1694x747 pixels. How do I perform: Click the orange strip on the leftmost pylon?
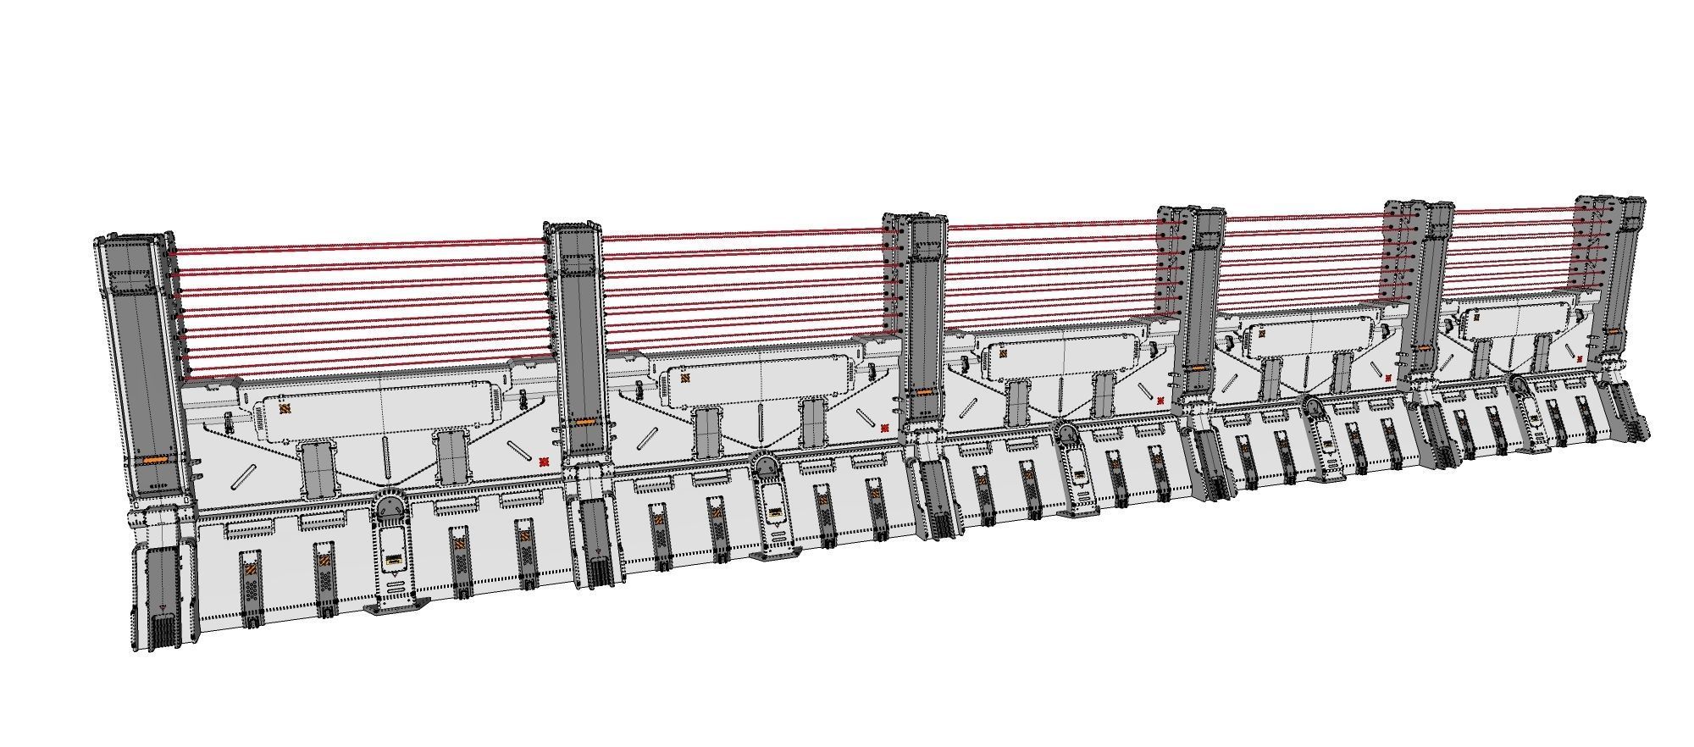(155, 459)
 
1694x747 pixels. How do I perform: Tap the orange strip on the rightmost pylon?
(1613, 331)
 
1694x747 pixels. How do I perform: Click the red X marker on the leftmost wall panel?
(544, 462)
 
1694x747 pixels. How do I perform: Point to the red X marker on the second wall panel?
(884, 429)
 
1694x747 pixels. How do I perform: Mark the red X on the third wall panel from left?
(1160, 401)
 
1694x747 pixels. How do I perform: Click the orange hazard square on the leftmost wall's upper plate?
(285, 409)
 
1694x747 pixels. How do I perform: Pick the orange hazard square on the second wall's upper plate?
(684, 379)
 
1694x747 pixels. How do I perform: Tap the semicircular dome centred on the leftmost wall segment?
(390, 510)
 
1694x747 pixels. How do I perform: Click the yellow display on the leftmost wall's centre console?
(395, 560)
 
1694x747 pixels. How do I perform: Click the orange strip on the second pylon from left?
(583, 422)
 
